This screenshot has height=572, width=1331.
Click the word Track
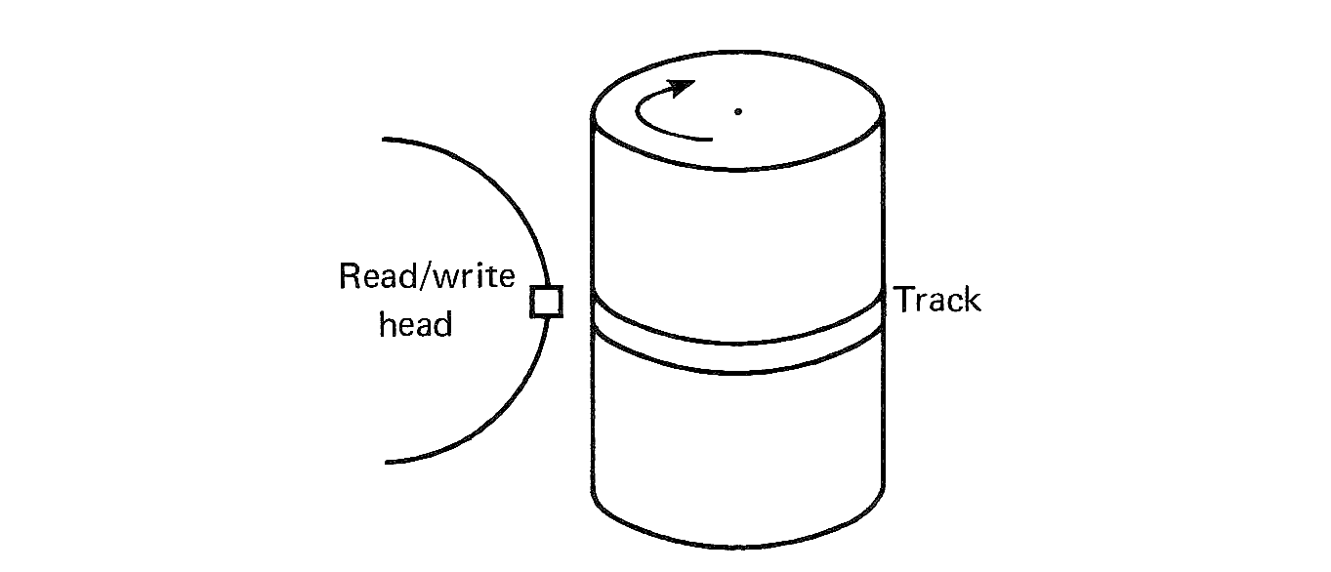click(x=937, y=301)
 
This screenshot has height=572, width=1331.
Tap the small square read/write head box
click(x=546, y=302)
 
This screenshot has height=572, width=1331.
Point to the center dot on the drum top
click(x=738, y=111)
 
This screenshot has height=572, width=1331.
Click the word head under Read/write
click(x=415, y=324)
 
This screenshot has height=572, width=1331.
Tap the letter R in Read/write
click(x=350, y=278)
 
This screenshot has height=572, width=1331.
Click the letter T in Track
click(x=904, y=299)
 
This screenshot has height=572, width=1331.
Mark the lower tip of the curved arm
click(x=387, y=461)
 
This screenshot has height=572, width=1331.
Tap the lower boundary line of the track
click(x=738, y=372)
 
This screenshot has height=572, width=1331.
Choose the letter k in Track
click(x=970, y=300)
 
